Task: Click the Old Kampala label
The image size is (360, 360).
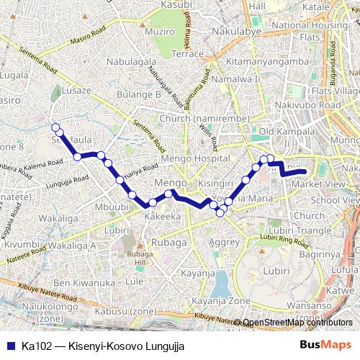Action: point(286,132)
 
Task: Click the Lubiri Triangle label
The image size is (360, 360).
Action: point(305,230)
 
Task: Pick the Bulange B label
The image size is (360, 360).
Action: point(139,94)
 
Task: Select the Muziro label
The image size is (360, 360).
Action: point(160,32)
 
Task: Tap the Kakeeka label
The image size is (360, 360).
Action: point(162,216)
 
